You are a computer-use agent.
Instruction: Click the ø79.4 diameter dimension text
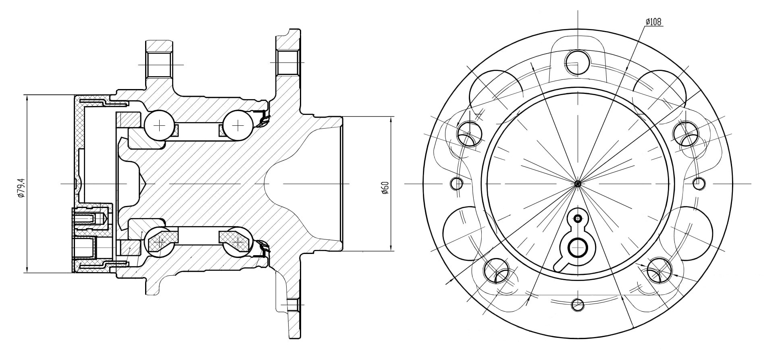point(21,188)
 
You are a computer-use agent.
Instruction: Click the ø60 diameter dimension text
point(385,187)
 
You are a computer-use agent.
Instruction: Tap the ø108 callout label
point(653,22)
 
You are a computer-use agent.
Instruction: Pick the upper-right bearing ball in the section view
point(238,125)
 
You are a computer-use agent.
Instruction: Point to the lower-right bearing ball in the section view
point(238,241)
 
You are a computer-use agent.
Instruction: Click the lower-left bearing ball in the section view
point(160,241)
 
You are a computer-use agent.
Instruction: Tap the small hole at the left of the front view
point(457,183)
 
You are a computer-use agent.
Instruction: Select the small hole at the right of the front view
point(699,183)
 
